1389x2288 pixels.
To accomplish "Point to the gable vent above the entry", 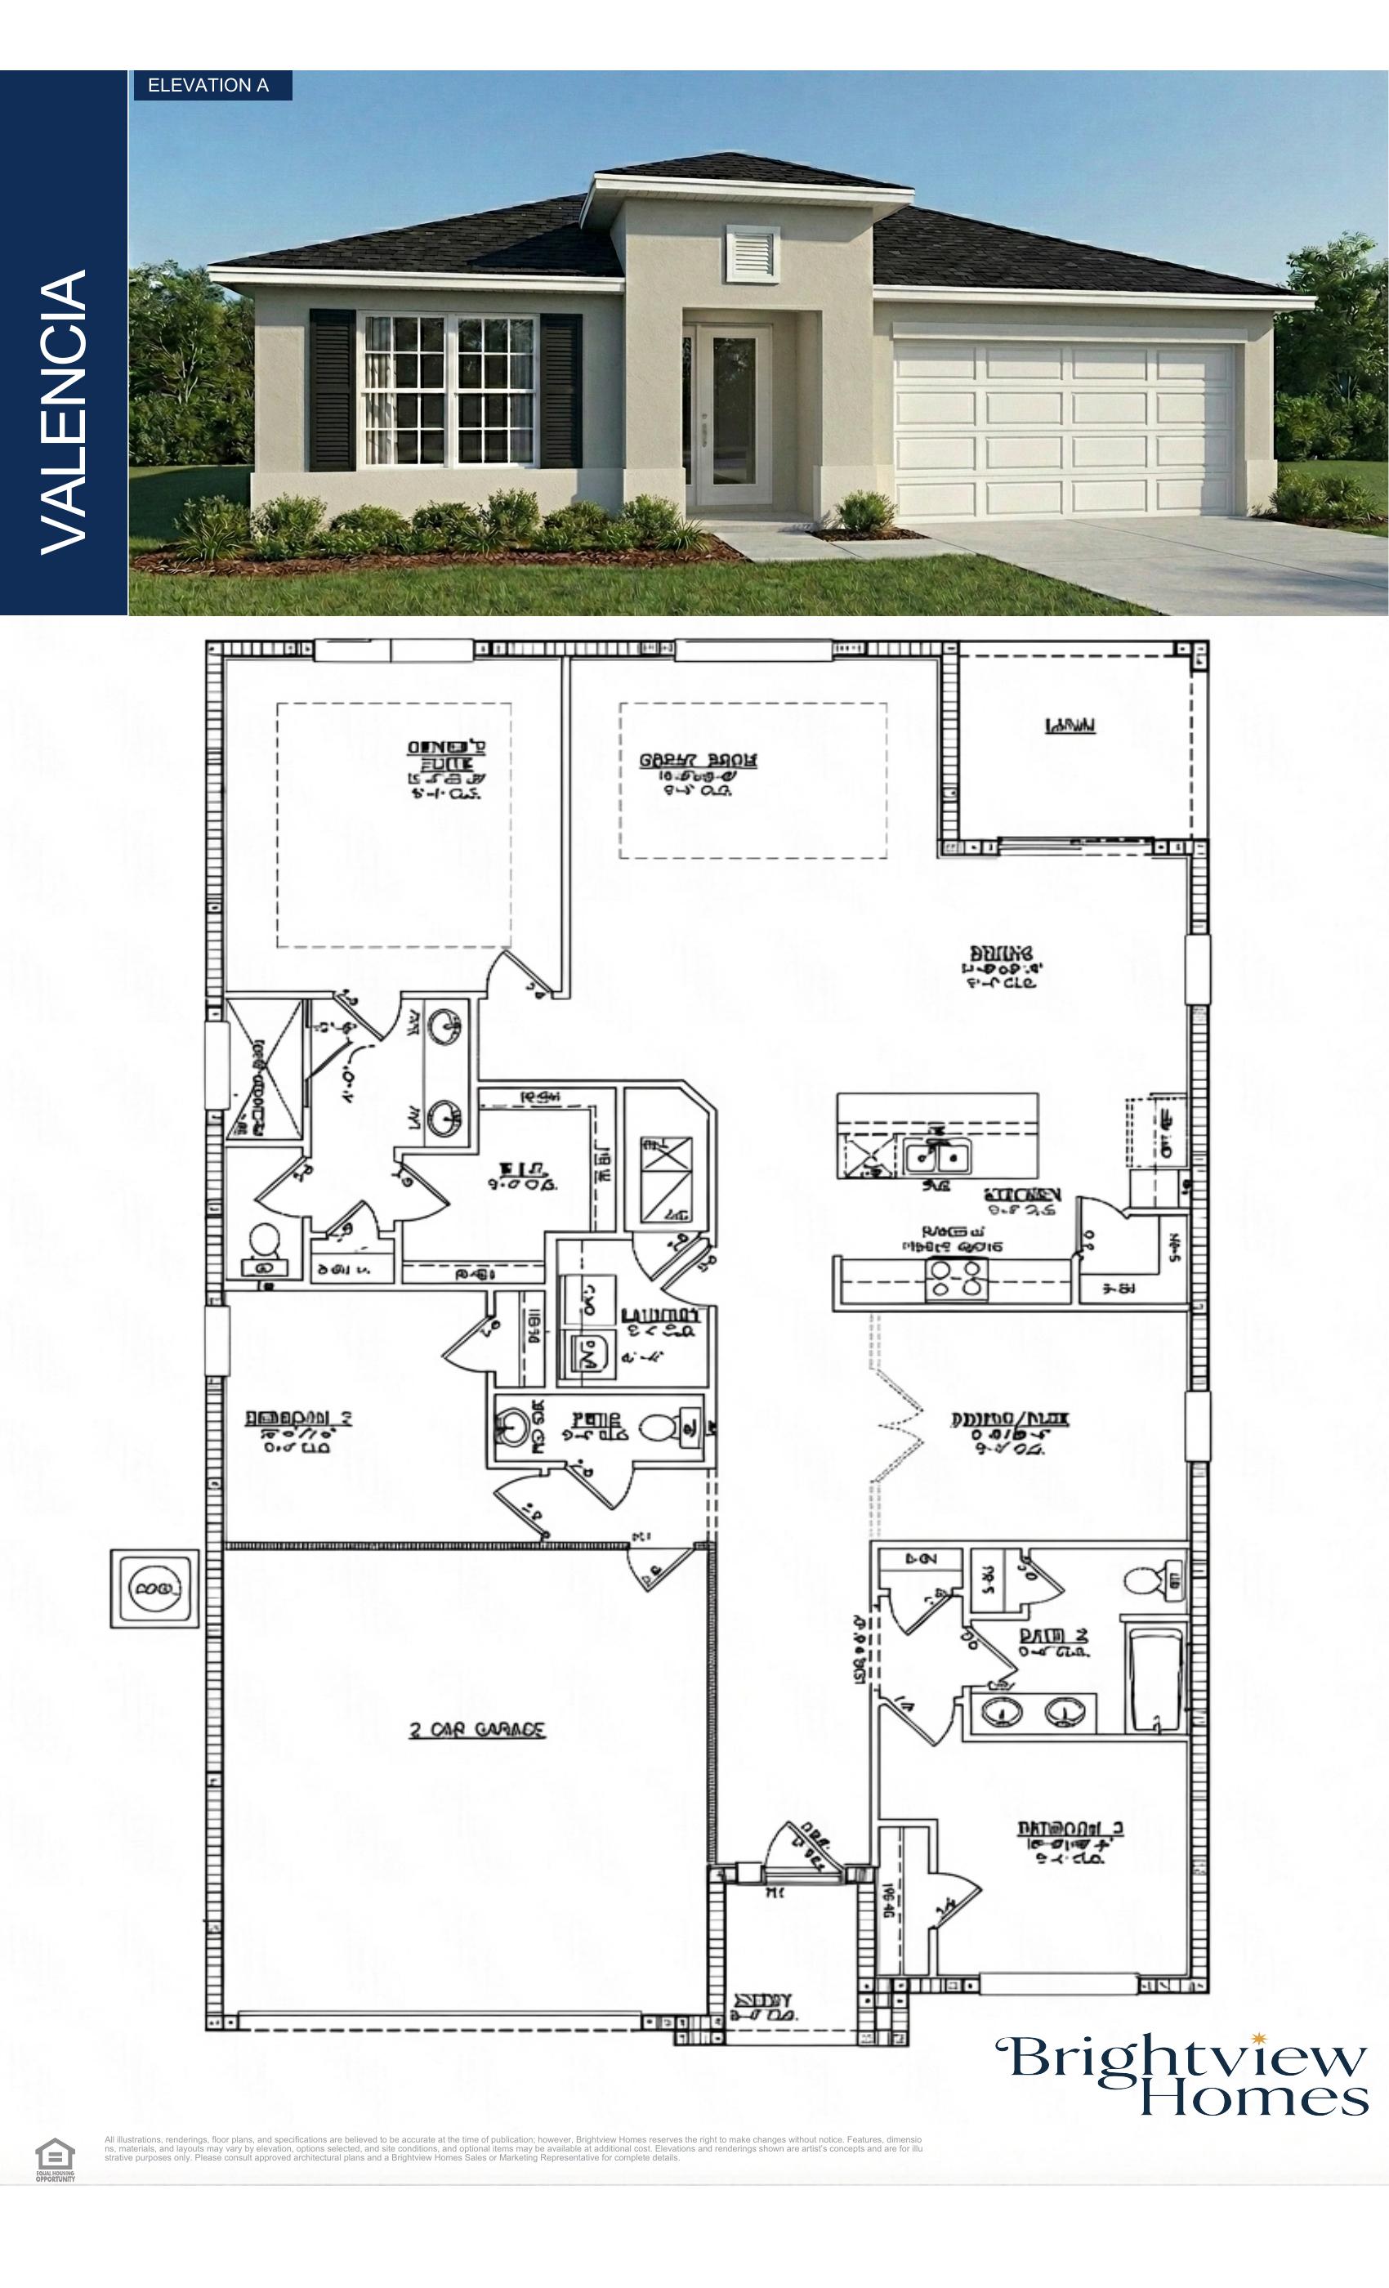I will (751, 252).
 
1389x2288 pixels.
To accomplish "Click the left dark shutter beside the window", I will (332, 390).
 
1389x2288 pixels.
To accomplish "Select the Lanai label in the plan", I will (1070, 726).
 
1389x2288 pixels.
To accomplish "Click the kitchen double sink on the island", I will (937, 1157).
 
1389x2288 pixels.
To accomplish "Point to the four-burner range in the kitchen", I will (956, 1280).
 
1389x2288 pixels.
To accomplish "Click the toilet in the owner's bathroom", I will (265, 1245).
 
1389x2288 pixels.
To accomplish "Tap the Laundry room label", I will (660, 1316).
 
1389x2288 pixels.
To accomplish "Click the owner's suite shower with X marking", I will (264, 1069).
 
